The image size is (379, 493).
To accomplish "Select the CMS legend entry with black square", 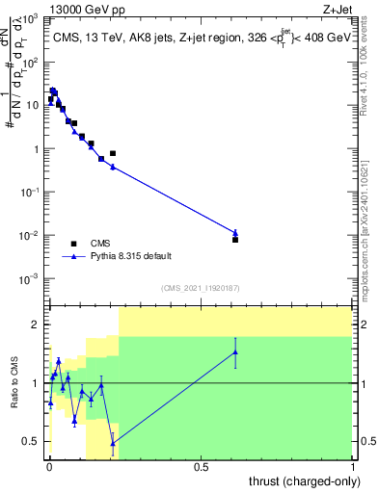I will coord(73,244).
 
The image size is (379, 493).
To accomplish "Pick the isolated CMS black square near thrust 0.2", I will coord(113,153).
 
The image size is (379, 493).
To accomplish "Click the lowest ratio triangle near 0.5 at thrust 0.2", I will coord(113,443).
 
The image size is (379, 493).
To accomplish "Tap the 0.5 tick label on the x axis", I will coord(201,467).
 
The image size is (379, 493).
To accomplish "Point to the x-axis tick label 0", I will coord(49,467).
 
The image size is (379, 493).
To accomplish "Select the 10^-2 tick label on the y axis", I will coord(31,236).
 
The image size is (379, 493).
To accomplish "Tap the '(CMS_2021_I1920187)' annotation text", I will coord(201,288).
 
